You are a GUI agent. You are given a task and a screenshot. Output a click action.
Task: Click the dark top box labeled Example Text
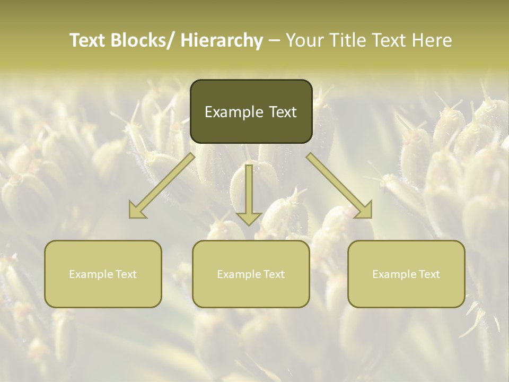click(x=251, y=111)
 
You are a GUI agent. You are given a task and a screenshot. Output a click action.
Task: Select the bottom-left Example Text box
click(x=103, y=274)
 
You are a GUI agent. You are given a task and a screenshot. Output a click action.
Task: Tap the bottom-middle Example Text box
click(x=251, y=274)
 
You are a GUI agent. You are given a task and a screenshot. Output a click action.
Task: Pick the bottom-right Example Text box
click(x=406, y=274)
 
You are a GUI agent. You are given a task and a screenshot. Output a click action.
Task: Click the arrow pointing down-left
click(x=162, y=186)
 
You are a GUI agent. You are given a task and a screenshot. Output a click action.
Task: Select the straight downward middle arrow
click(x=249, y=194)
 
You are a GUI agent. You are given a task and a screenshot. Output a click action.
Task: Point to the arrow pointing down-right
click(x=339, y=186)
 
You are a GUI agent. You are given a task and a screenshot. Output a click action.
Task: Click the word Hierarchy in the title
click(x=222, y=40)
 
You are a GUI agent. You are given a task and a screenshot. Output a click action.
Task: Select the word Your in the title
click(x=304, y=40)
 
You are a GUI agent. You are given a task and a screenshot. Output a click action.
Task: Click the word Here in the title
click(x=433, y=40)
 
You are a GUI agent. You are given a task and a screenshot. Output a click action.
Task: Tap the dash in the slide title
click(x=274, y=40)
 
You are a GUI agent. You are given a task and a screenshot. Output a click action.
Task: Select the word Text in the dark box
click(x=282, y=112)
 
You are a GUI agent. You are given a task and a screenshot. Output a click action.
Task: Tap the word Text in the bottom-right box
click(x=429, y=274)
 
